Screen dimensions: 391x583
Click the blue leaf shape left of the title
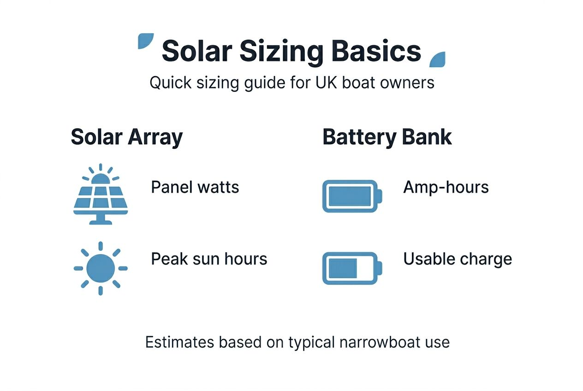point(145,41)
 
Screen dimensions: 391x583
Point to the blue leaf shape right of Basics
point(437,59)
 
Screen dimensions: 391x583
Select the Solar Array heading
point(126,137)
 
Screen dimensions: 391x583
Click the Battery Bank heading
point(387,137)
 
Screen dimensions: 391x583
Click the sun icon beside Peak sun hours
point(101,268)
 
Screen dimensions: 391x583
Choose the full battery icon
point(352,196)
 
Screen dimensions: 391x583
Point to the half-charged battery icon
point(352,268)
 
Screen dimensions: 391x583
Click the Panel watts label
point(195,187)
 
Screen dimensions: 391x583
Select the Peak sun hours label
point(209,259)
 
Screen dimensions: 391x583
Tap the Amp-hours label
point(446,187)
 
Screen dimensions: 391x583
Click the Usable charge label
point(458,259)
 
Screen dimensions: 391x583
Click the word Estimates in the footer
point(179,343)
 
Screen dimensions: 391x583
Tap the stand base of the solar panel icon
point(101,222)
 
